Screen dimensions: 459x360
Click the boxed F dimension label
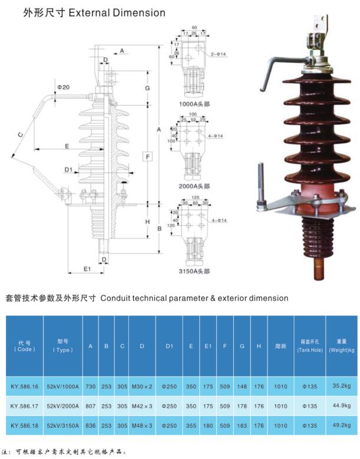[148, 156]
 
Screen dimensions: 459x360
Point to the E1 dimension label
[87, 269]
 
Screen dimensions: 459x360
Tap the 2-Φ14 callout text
[219, 54]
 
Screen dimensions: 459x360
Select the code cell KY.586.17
[24, 405]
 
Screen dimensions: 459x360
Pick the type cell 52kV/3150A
[62, 424]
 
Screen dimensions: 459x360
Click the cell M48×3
[142, 424]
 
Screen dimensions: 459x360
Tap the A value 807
[90, 405]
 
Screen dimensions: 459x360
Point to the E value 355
[191, 424]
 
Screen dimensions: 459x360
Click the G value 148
[242, 387]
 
